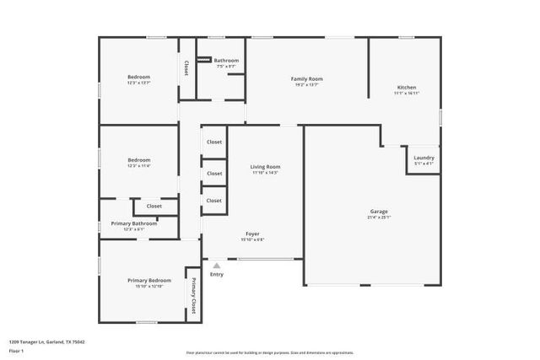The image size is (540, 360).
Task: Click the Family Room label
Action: (307, 79)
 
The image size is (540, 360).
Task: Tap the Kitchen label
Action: (407, 88)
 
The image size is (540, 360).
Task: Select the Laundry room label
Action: (424, 158)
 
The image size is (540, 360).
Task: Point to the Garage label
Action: (379, 211)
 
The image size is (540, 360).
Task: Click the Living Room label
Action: (265, 167)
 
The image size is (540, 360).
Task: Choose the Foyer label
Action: (252, 234)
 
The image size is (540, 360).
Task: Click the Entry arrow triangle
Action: (216, 265)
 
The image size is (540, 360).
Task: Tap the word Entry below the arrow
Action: (217, 274)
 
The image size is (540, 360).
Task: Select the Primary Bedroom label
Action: (149, 280)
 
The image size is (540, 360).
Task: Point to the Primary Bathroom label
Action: (134, 223)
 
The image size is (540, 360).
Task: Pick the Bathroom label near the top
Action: (226, 61)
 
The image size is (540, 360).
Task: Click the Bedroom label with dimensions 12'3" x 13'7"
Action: (139, 77)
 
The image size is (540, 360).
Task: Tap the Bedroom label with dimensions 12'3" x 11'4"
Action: (139, 160)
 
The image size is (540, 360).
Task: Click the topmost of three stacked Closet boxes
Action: (214, 142)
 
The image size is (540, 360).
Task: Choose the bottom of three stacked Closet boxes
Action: (214, 201)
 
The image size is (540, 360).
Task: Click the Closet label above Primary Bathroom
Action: (154, 206)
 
